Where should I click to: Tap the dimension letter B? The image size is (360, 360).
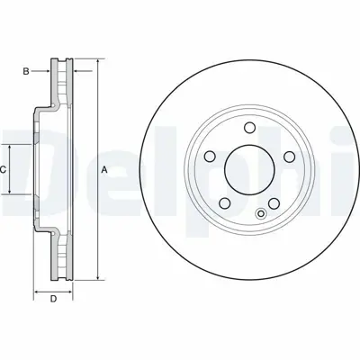coord(27,70)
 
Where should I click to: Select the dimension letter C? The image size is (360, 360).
coord(4,169)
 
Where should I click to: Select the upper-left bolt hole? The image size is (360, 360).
coord(210,157)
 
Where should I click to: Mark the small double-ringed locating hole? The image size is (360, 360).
coord(262,213)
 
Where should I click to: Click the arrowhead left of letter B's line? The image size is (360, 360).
coord(53,70)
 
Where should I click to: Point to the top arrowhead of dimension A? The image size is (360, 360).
coord(93,61)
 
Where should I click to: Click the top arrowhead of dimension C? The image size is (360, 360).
coord(11,147)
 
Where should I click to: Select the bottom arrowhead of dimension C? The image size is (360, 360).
coord(11,192)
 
